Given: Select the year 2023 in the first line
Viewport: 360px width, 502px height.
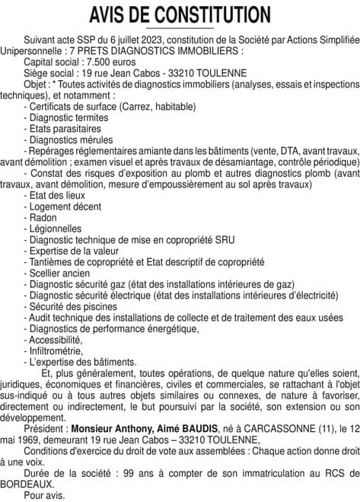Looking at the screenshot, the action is coord(142,37).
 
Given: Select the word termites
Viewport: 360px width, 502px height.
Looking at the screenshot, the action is coord(91,118).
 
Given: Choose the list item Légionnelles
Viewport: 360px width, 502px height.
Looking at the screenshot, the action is coord(56,229).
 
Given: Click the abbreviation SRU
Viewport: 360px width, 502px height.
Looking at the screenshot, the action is coord(224,239).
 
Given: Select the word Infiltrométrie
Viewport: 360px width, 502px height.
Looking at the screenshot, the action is coord(58,350).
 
